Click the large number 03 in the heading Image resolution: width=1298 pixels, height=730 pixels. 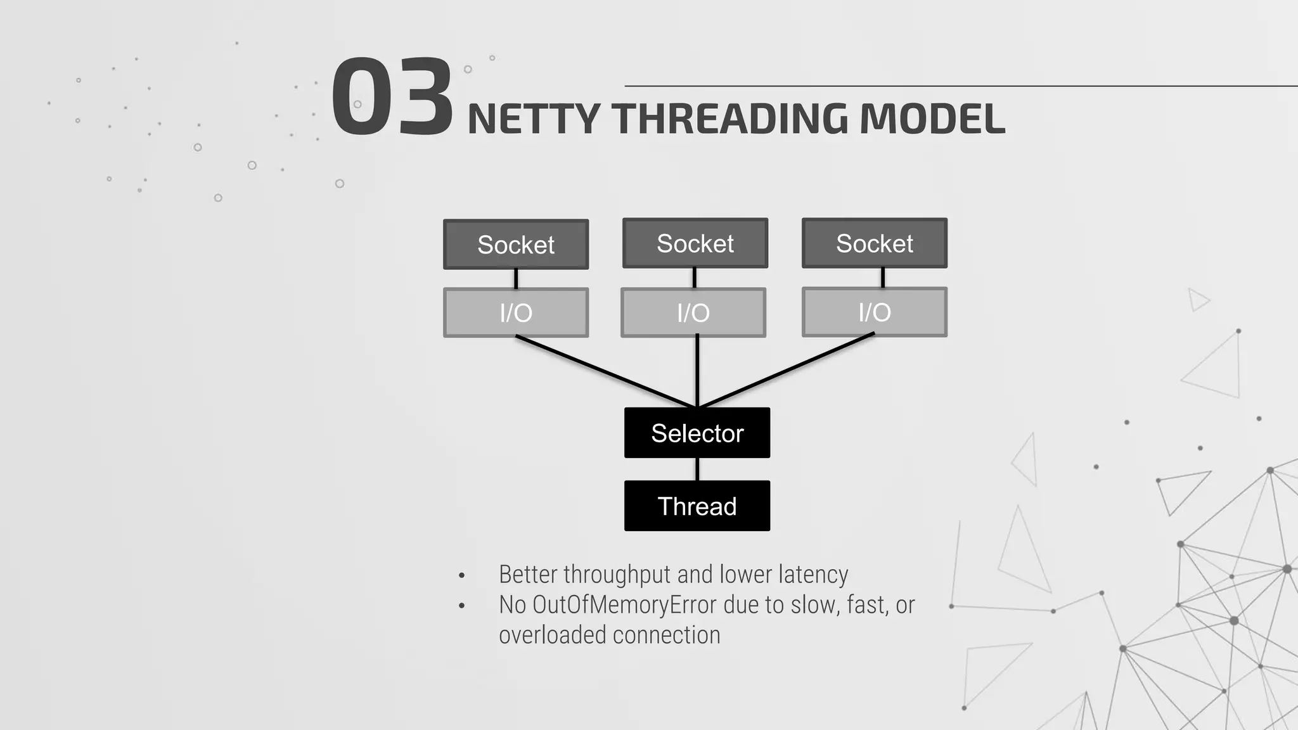(x=392, y=96)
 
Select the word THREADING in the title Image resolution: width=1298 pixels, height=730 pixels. (x=729, y=119)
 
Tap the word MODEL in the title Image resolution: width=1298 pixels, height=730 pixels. (x=932, y=119)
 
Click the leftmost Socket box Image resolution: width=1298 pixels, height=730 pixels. (x=516, y=245)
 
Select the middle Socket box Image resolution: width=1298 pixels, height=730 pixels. (x=695, y=243)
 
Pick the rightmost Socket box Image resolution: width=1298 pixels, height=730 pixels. (x=875, y=243)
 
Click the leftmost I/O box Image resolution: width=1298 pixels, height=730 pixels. (x=516, y=312)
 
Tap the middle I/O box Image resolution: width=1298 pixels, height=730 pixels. (x=693, y=312)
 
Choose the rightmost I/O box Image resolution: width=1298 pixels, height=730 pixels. (x=875, y=312)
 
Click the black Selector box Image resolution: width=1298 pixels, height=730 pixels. (x=697, y=433)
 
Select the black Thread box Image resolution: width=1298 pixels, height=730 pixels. (x=697, y=506)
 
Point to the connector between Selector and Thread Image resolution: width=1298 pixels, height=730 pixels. (x=697, y=469)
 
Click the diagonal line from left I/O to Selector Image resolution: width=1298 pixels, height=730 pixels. (x=605, y=371)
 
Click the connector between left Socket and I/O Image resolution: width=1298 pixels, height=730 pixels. (x=516, y=279)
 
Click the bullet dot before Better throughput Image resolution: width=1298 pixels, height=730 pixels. (x=462, y=576)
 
